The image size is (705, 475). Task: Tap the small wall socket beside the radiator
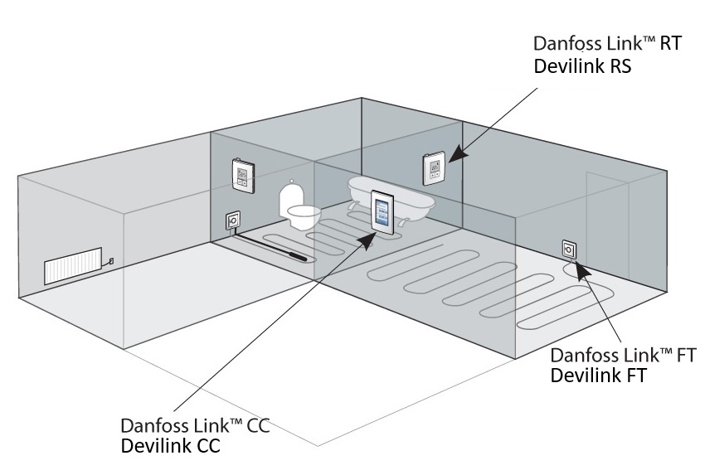coord(110,261)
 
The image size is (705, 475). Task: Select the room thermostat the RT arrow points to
coord(436,169)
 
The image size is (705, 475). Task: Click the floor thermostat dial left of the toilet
coord(232,221)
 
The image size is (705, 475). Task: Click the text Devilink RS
coord(582,67)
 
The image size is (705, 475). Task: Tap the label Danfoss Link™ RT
coord(608,45)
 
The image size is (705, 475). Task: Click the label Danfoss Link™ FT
coord(622,355)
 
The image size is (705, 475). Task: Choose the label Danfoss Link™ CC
coord(195,425)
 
